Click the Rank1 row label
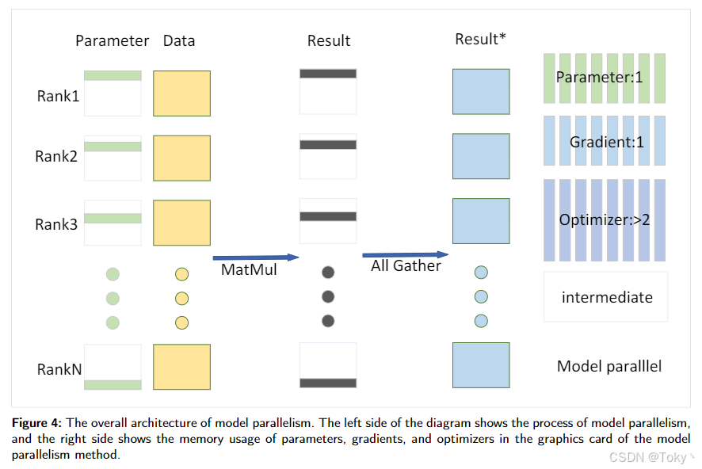click(x=58, y=96)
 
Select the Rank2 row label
click(x=56, y=157)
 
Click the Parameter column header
click(x=112, y=40)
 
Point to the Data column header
click(x=179, y=40)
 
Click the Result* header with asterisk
click(x=480, y=39)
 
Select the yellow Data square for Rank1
click(x=181, y=93)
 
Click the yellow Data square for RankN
click(x=181, y=367)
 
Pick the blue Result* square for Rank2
click(x=481, y=156)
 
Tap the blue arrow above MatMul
click(x=255, y=257)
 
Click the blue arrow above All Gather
click(x=406, y=255)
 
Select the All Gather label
click(x=406, y=266)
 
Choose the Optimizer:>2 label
click(x=605, y=219)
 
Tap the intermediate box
click(x=606, y=297)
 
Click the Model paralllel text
click(x=609, y=366)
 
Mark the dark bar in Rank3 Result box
click(x=328, y=216)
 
